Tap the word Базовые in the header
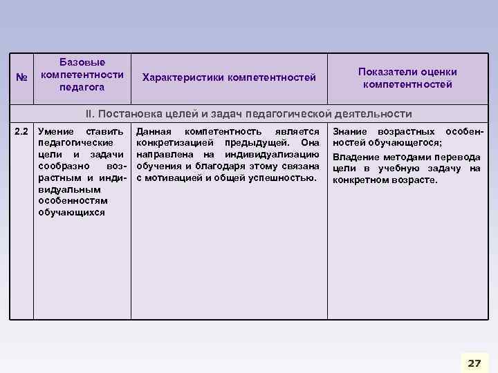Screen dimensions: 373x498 (82, 62)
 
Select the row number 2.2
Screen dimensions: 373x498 (21, 131)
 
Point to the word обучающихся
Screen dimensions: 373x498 (72, 213)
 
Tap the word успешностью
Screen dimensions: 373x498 (284, 178)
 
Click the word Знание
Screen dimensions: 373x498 (351, 131)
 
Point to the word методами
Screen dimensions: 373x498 (403, 157)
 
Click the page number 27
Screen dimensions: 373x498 (473, 363)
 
